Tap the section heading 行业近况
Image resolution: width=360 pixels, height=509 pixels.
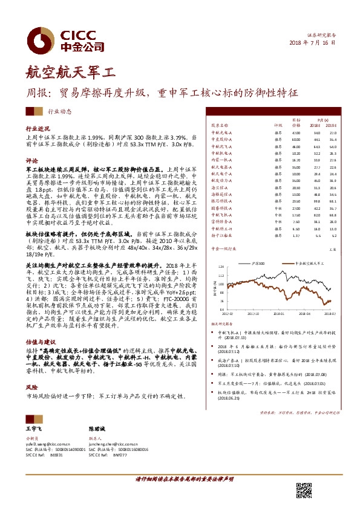(37, 129)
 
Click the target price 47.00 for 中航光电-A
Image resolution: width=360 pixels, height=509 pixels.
(296, 132)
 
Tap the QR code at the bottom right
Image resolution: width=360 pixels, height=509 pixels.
(304, 491)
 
